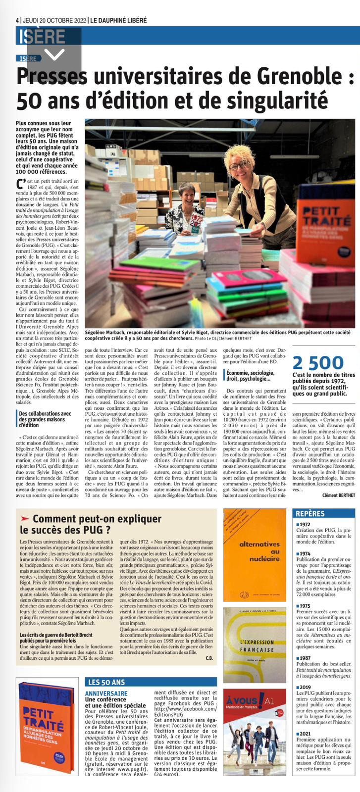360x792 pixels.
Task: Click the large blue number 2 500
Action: coord(317,363)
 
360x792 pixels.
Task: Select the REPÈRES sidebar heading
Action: coord(310,513)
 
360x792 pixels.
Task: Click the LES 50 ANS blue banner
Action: coord(106,682)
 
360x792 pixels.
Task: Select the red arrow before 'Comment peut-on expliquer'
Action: coord(25,518)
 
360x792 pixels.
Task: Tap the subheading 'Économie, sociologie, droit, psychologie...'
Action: coord(251,375)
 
